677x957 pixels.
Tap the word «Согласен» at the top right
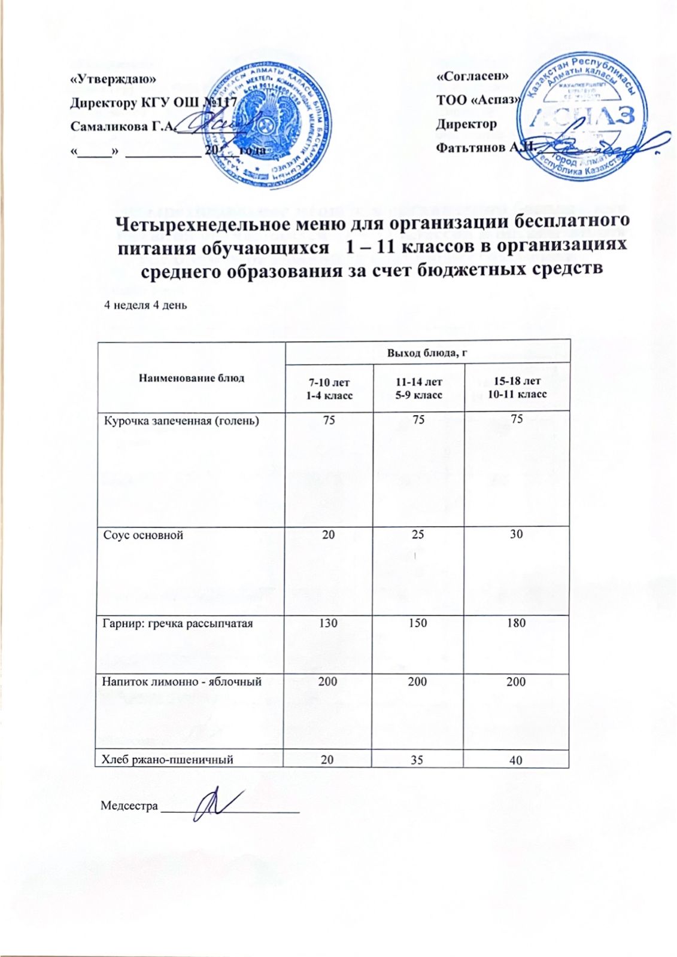(473, 77)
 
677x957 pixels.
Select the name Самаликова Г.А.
(122, 126)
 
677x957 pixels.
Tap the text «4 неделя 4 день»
(146, 305)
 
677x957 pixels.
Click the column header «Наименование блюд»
(192, 377)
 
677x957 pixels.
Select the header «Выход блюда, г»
(427, 352)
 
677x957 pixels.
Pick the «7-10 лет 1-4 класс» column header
(329, 389)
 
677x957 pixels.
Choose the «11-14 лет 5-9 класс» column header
(418, 388)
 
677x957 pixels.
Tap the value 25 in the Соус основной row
(418, 534)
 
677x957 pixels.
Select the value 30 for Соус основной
(516, 534)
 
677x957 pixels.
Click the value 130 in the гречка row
(328, 623)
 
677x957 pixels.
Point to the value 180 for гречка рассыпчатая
(516, 623)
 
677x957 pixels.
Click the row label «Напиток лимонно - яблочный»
(182, 681)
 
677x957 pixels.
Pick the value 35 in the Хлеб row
(417, 760)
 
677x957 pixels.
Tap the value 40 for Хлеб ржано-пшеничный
(516, 760)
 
